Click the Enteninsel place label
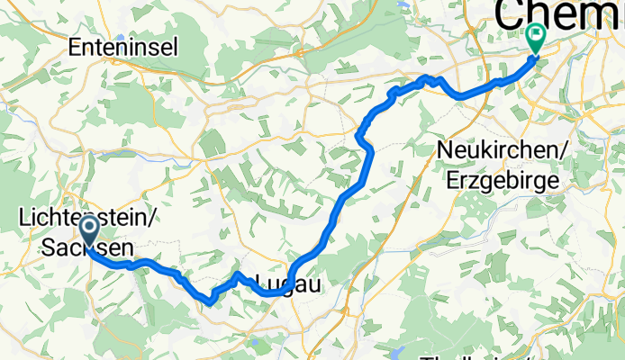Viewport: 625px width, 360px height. pos(123,47)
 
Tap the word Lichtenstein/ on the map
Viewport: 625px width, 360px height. pos(89,218)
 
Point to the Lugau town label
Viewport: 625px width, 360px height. pos(285,283)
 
